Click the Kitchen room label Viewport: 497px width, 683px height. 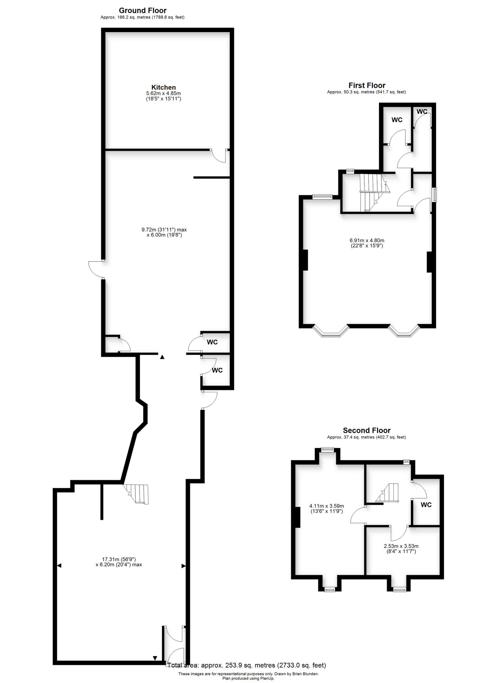[163, 87]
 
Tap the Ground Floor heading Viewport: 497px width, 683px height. [143, 11]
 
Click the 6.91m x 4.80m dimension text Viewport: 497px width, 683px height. [367, 240]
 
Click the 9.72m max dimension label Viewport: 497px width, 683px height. [164, 229]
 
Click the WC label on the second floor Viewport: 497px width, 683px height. [426, 505]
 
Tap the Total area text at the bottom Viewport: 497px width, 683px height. [246, 665]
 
